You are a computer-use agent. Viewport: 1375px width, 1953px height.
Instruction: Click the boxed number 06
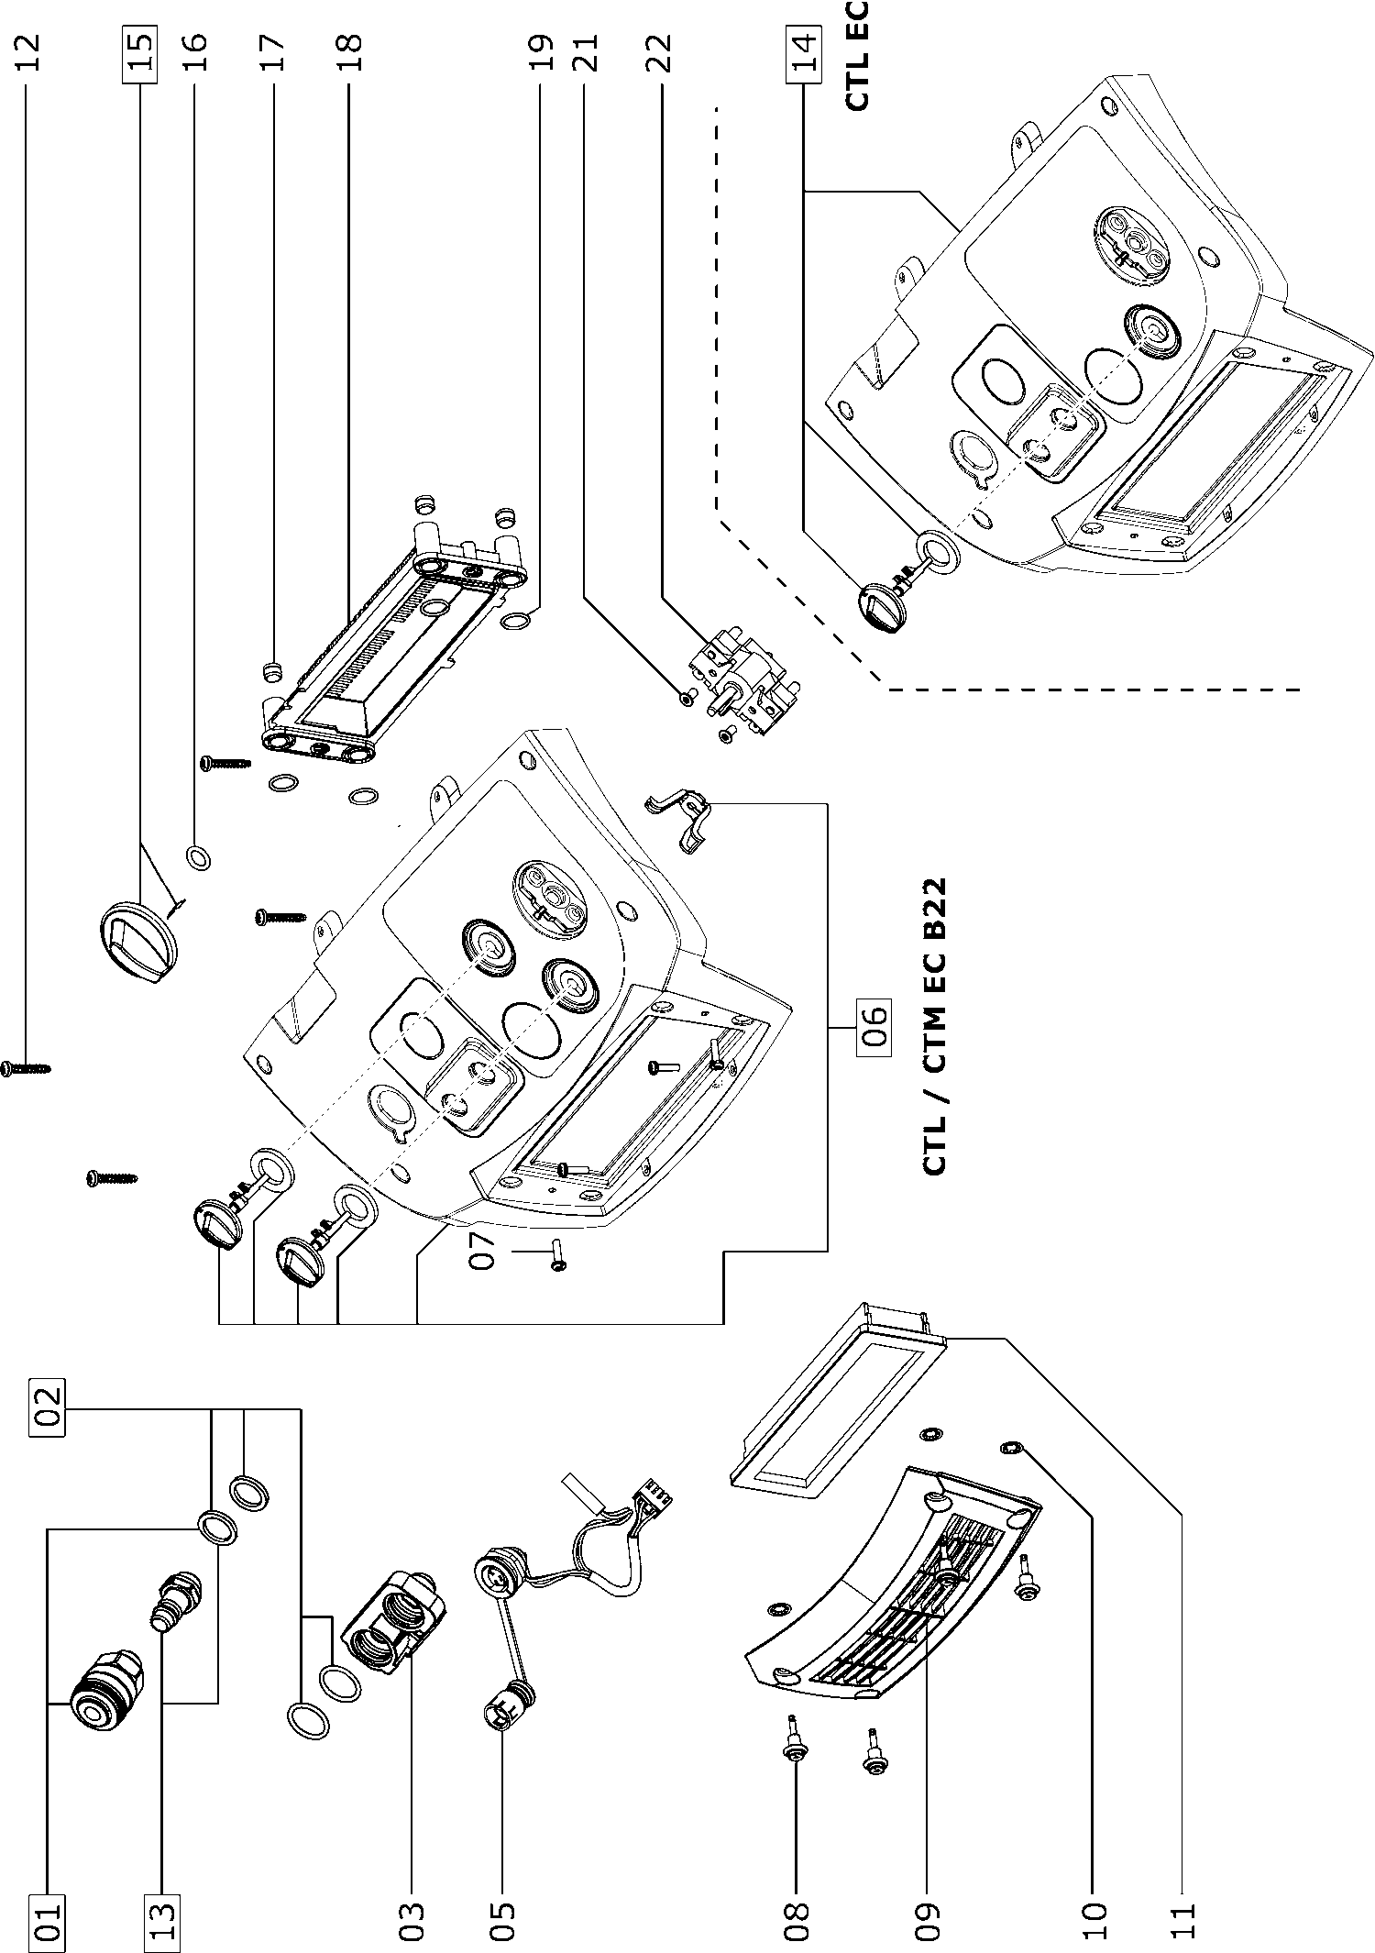click(873, 1031)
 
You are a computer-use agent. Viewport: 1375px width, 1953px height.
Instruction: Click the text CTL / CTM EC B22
click(933, 1027)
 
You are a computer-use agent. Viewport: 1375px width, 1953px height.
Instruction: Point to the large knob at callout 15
click(135, 941)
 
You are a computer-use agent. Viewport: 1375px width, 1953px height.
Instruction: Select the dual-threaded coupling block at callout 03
click(393, 1628)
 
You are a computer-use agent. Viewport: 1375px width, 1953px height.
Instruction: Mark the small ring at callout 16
click(197, 858)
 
